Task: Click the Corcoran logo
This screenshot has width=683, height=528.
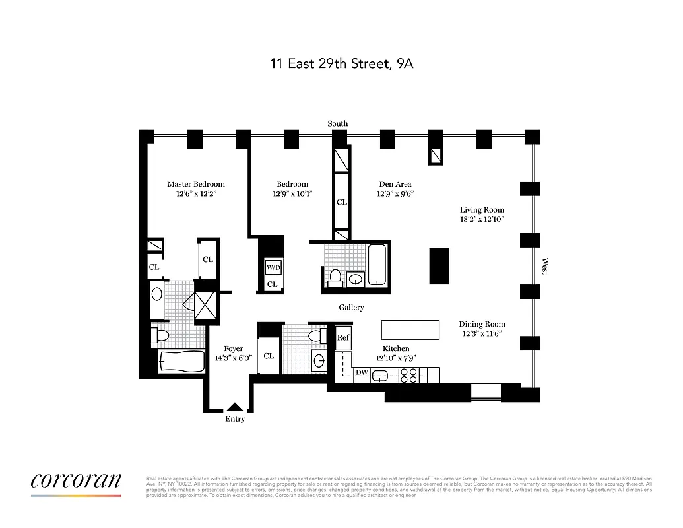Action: coord(76,481)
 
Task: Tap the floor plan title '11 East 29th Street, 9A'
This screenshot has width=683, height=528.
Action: coord(342,64)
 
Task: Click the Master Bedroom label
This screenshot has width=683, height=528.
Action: coord(195,184)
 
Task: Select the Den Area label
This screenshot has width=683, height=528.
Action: coord(395,184)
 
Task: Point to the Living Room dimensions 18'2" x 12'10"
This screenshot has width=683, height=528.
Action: coord(482,219)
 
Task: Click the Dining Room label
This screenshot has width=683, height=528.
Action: coord(482,324)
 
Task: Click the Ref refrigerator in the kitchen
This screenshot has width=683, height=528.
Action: coord(343,338)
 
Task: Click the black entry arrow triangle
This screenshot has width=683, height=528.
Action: coord(234,407)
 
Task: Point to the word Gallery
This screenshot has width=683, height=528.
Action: coord(351,308)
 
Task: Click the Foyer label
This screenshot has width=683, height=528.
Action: coord(233,348)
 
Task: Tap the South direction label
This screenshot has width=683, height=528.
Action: coord(338,123)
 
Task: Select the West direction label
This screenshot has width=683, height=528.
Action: coord(545,266)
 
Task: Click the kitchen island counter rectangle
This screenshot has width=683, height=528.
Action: coord(410,329)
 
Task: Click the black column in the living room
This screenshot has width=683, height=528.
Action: coord(439,266)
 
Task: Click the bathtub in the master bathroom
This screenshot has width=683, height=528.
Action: coord(182,362)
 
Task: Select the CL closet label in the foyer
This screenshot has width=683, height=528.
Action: coord(269,356)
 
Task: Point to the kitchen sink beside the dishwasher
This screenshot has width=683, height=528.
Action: coord(382,376)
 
